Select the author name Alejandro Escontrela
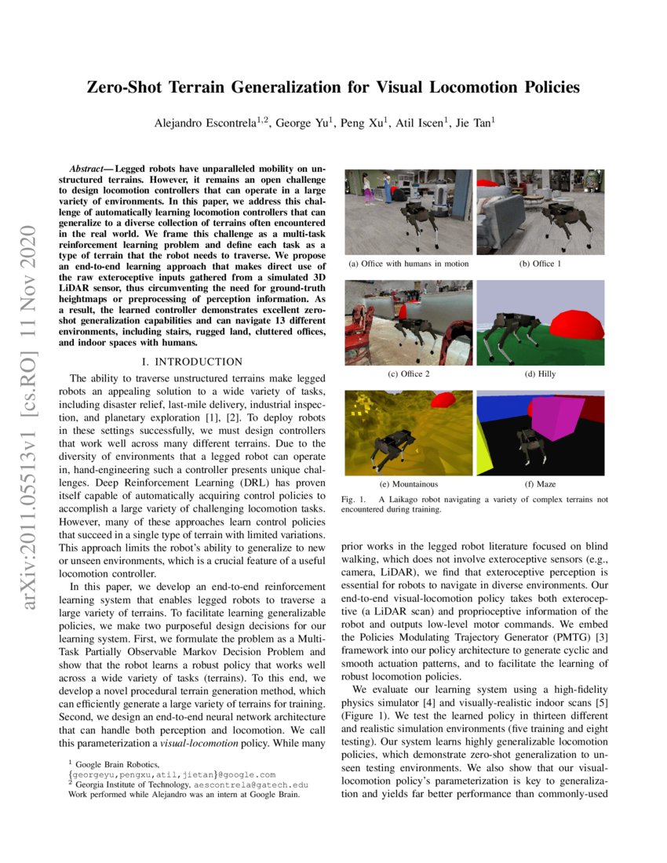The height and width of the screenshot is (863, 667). (x=206, y=122)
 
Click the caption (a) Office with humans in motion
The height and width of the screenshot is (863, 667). (x=408, y=264)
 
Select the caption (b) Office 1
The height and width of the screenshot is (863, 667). (x=540, y=264)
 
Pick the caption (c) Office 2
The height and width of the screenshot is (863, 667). (x=408, y=374)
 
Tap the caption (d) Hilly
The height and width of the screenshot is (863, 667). (x=540, y=374)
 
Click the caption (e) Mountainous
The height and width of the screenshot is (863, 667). (x=408, y=485)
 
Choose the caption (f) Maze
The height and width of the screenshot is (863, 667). (x=540, y=485)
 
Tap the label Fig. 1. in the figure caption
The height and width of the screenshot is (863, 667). (x=355, y=499)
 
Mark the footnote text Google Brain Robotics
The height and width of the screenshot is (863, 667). (x=118, y=764)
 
